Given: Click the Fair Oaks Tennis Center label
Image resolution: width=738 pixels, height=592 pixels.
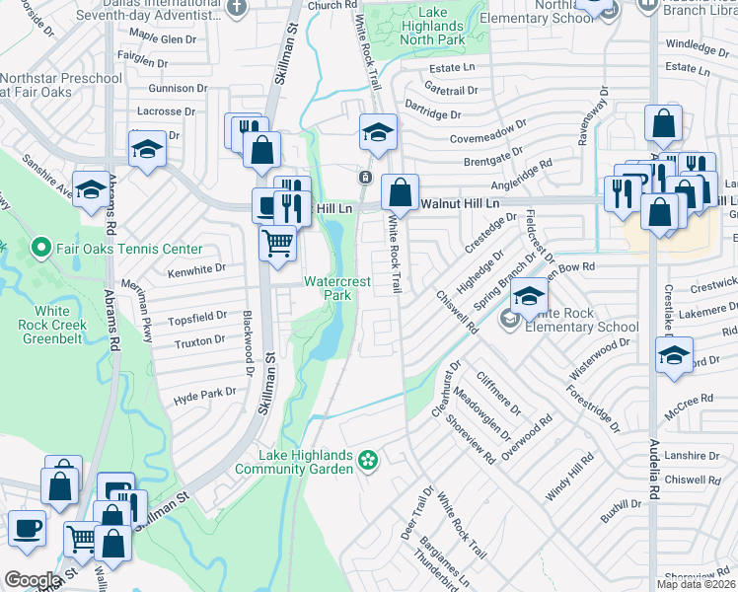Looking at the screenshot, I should pos(129,250).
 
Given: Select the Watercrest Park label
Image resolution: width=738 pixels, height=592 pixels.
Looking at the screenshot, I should pos(337,288).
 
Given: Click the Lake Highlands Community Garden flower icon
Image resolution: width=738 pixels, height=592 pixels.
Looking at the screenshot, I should pos(368,459).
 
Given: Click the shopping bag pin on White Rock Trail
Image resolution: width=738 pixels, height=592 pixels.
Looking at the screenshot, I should pos(401,189).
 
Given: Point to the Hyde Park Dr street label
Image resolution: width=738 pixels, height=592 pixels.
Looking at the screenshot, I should pos(205,392).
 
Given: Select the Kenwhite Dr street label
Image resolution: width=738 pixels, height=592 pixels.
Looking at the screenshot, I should pos(197,267).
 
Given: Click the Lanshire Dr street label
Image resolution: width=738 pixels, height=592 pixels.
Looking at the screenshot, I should pos(693,456).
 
